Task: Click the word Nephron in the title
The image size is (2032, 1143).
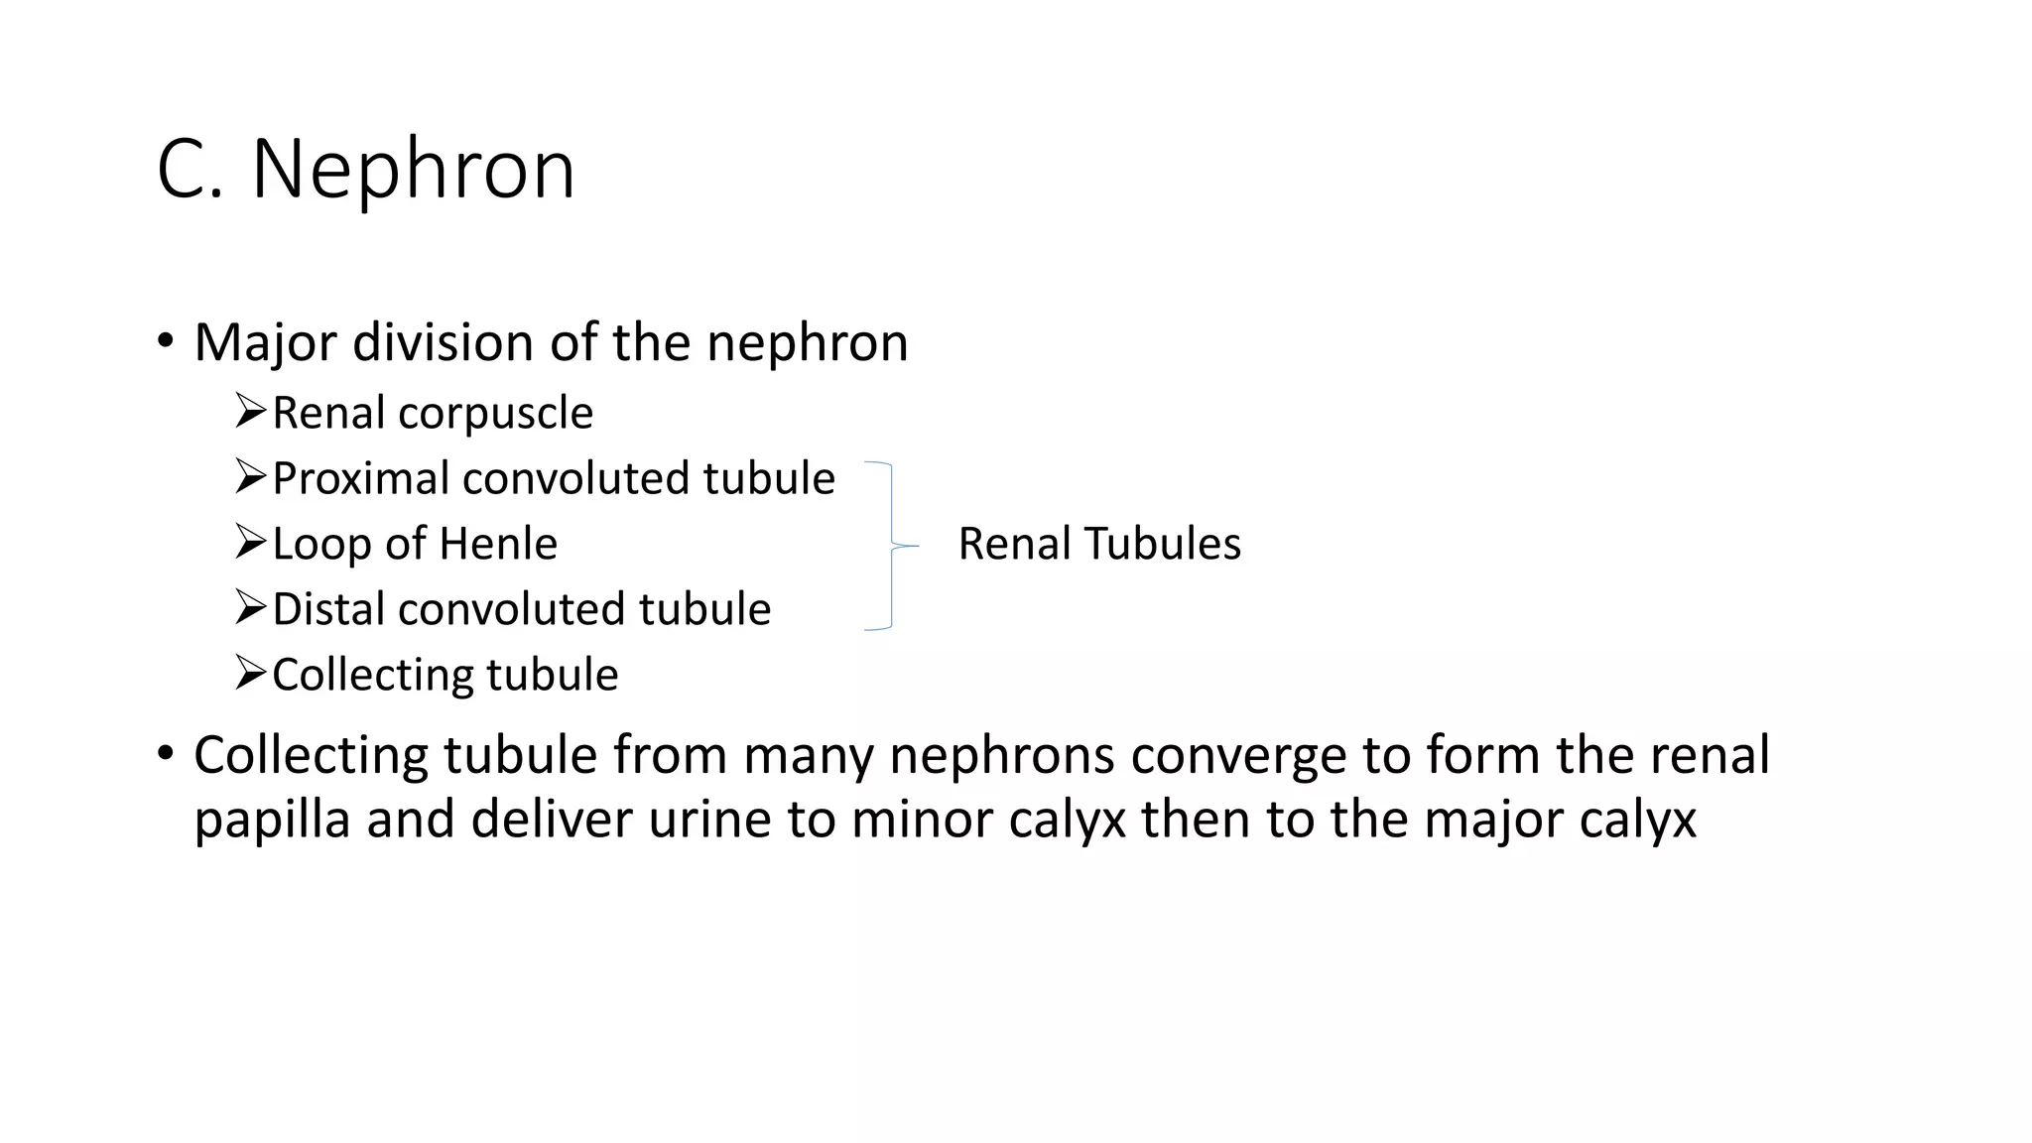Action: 413,170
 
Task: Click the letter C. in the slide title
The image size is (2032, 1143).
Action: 190,170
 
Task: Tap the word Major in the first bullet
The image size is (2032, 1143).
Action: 266,343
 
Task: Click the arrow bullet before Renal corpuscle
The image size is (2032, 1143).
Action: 251,410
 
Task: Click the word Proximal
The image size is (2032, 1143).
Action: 360,479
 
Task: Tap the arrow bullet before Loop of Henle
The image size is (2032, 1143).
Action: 251,542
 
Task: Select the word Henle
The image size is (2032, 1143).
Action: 498,544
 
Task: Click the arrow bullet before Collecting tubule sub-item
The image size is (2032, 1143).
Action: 251,673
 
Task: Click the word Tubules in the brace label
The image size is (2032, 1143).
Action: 1162,544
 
